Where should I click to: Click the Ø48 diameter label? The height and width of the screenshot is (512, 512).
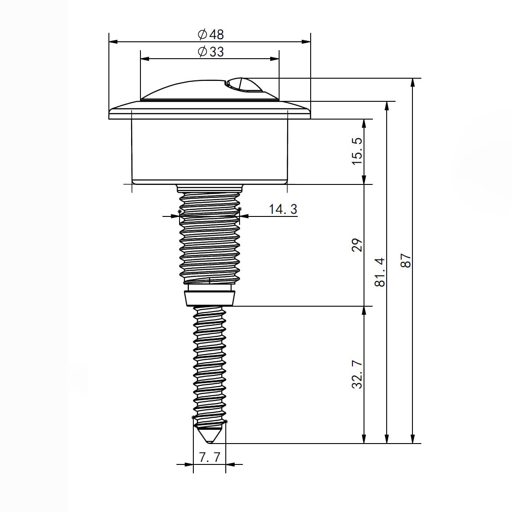click(x=211, y=34)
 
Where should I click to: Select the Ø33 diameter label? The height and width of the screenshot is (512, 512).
click(x=211, y=52)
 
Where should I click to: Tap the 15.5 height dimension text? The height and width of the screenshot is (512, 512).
click(x=357, y=151)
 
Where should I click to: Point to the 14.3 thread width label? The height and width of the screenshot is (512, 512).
click(x=283, y=209)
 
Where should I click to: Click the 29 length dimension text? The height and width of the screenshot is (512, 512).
click(x=357, y=245)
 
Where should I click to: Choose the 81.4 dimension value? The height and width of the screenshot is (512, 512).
click(x=380, y=272)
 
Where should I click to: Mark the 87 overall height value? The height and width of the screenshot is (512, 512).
click(x=406, y=260)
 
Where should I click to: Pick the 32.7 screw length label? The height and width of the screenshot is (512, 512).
click(x=357, y=375)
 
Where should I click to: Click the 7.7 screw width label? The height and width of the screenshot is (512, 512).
click(x=210, y=457)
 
